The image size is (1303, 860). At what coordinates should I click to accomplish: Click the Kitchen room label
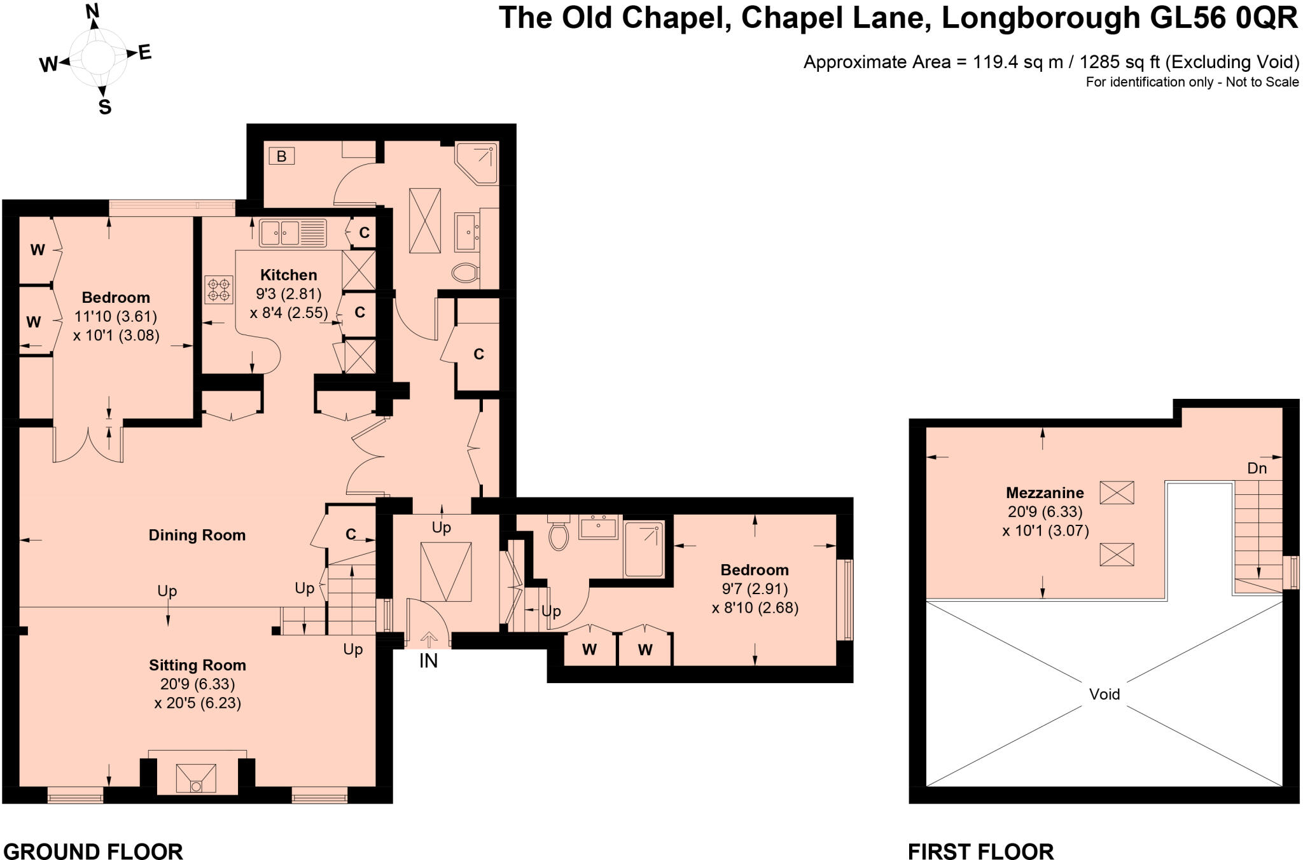pos(288,275)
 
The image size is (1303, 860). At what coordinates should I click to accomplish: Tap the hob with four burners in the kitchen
pos(218,289)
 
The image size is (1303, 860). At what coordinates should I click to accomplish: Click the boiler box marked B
pos(281,156)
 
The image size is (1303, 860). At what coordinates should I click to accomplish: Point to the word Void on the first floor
pos(1104,694)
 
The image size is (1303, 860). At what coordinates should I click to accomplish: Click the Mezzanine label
pos(1045,492)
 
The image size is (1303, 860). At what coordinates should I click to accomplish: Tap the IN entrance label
pos(428,662)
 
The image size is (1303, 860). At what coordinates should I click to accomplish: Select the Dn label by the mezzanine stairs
pos(1257,468)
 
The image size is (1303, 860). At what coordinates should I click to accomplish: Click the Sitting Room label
pos(197,665)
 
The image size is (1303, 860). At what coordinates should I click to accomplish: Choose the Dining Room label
pos(197,535)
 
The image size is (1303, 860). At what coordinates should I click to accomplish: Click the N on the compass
pos(93,11)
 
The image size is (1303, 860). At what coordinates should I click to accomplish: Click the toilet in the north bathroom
pos(465,273)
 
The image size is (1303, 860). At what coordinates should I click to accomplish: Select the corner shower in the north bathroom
pos(477,163)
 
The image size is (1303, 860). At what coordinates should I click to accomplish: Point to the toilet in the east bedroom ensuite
pos(559,534)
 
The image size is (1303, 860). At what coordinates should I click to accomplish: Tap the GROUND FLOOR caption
pos(93,850)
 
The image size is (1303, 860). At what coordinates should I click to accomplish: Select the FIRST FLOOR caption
pos(980,850)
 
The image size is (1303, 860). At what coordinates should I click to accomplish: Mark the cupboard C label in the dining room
pos(351,534)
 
